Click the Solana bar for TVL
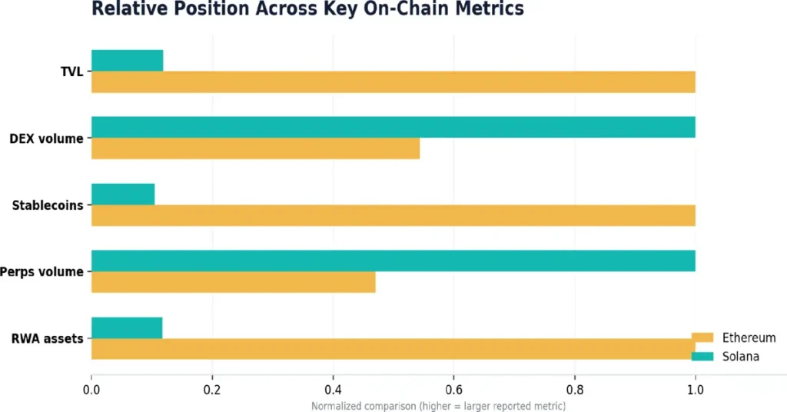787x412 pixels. tap(127, 61)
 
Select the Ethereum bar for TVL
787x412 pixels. tap(393, 81)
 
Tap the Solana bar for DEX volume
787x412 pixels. tap(393, 127)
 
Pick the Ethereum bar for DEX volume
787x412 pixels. tap(255, 148)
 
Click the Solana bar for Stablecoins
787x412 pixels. tap(123, 194)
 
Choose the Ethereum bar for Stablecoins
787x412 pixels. tap(393, 215)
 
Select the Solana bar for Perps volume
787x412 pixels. tap(393, 261)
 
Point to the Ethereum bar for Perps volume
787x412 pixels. tap(234, 282)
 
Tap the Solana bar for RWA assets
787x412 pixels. tap(127, 327)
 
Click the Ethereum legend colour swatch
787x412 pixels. tap(702, 337)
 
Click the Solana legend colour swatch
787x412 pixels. tap(702, 357)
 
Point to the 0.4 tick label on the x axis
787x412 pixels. tap(334, 390)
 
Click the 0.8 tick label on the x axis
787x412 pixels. tap(575, 390)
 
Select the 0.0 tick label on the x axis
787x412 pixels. tap(91, 390)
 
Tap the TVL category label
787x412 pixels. tap(71, 71)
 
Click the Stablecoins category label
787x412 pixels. tap(48, 205)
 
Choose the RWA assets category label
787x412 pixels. tap(47, 339)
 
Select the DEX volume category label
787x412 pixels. tap(47, 138)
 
